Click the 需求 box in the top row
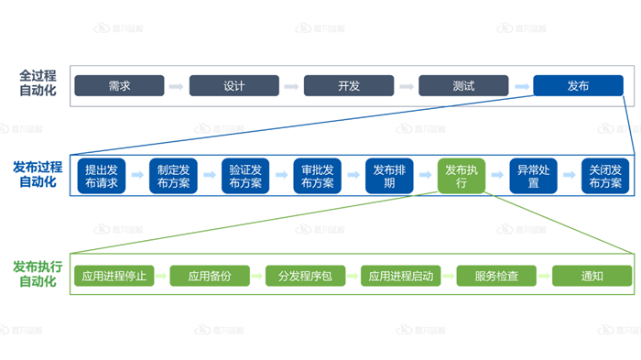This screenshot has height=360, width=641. tap(119, 86)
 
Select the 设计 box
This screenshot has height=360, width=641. tap(234, 86)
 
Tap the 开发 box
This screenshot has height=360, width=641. tap(349, 86)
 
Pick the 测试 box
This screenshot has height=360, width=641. tap(463, 86)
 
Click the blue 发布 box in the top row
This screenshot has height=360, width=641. tap(578, 86)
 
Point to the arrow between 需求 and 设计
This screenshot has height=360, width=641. tap(177, 86)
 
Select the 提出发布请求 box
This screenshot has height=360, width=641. tap(101, 176)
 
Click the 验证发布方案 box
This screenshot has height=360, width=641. tap(245, 176)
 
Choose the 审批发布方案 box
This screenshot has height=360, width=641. tap(318, 176)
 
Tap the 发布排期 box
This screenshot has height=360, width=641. tap(390, 176)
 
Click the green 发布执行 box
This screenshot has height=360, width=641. tap(462, 176)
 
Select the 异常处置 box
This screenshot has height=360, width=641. tap(534, 176)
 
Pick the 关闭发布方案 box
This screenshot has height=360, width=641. tap(605, 176)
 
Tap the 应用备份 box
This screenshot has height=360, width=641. tap(209, 275)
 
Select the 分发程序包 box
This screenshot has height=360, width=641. tap(305, 275)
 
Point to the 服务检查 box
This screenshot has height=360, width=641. tap(496, 275)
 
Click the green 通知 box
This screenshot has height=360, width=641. tap(592, 275)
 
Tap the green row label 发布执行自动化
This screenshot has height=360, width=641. tap(38, 274)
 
